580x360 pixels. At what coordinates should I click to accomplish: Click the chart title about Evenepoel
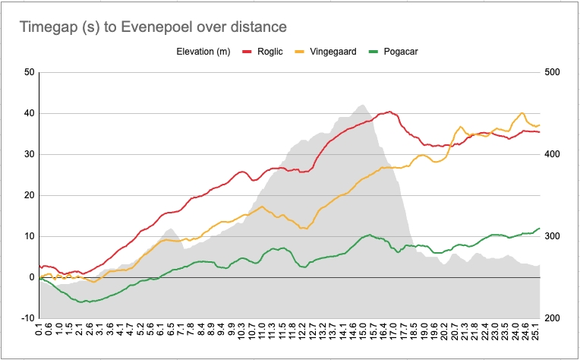[153, 27]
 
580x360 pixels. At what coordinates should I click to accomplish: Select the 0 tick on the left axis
[32, 277]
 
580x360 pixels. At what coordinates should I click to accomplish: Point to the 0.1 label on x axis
[39, 332]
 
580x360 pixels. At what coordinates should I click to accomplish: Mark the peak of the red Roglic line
[389, 112]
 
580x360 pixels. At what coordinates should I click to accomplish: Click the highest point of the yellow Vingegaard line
[522, 113]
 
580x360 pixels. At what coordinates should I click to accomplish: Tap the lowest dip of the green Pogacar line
[89, 302]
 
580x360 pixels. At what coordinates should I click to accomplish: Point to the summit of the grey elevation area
[361, 105]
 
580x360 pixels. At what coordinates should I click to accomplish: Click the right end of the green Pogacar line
[539, 228]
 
